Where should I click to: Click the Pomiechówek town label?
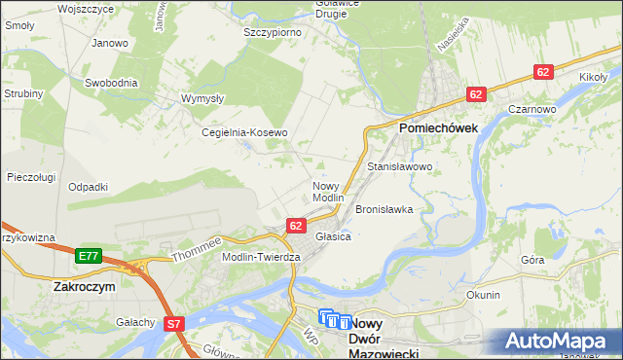436,127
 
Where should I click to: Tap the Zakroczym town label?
85,288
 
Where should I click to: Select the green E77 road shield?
88,256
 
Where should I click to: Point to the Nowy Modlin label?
328,191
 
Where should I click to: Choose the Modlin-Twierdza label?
262,256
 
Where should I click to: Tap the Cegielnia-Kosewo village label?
243,132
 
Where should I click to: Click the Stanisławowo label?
399,167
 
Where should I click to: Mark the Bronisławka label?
385,209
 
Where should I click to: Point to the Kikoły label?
593,76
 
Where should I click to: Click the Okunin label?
483,295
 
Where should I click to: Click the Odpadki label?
88,187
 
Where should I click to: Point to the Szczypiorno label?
272,32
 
